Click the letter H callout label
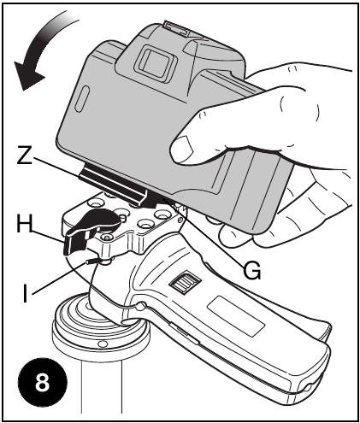click(x=24, y=223)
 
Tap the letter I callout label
click(x=25, y=293)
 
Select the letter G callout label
click(x=252, y=270)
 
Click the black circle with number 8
click(x=43, y=382)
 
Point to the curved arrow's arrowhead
click(x=27, y=75)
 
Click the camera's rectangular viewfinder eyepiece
click(x=156, y=62)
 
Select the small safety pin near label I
click(x=92, y=261)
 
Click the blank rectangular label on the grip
click(x=236, y=315)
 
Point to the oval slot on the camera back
click(x=82, y=98)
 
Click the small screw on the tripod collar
click(x=102, y=344)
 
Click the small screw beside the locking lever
click(x=106, y=237)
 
